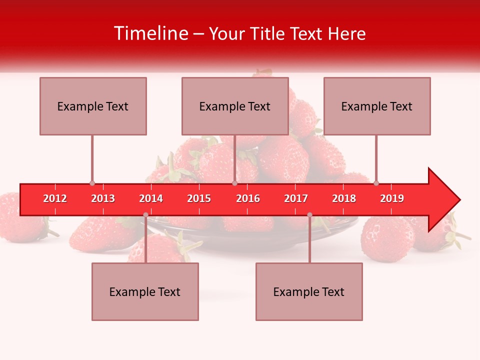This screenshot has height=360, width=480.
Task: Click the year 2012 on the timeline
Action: pos(55,198)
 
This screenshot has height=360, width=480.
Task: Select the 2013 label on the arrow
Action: pos(103,198)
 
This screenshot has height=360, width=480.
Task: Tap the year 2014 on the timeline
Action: pos(151,198)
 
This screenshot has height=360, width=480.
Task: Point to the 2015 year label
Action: pos(199,198)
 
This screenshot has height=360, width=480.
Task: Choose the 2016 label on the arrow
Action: pos(248,198)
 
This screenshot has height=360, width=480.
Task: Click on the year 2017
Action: pos(296,198)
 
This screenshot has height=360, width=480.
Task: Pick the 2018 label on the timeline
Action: pos(344,198)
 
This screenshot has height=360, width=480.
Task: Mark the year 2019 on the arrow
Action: pos(392,198)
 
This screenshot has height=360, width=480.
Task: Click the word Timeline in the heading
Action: pos(150,33)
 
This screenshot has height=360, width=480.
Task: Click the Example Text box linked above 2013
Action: pos(93,106)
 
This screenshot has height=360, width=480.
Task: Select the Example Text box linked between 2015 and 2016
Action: pos(235,106)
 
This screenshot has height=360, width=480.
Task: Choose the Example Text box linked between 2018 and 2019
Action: pos(377,106)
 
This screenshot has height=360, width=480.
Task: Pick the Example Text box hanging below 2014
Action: pos(145,291)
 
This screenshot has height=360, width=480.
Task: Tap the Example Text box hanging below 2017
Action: pos(309,291)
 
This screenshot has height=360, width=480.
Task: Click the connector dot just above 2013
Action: pos(92,183)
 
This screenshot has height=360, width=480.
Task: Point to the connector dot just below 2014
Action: pos(145,215)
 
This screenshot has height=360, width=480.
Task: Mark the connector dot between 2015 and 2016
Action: pos(234,183)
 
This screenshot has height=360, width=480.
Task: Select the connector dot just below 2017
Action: pos(309,215)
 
